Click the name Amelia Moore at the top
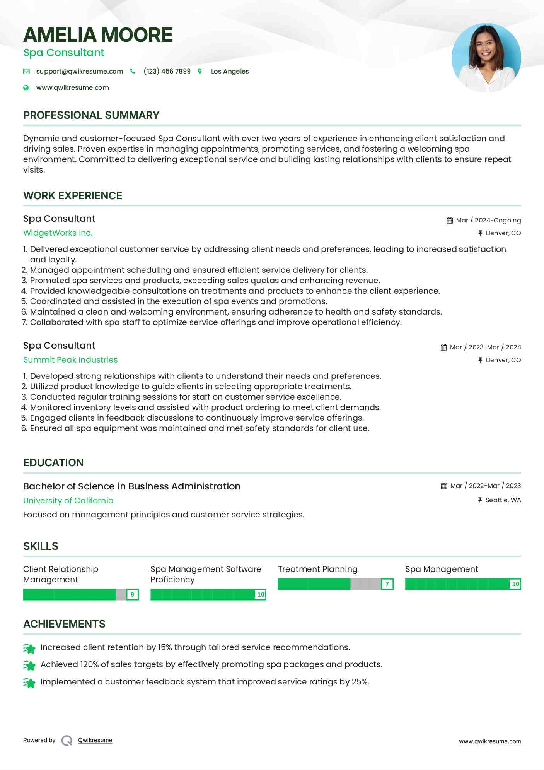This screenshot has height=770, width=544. (x=98, y=35)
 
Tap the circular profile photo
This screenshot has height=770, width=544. (x=486, y=58)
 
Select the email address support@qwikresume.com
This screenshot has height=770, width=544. (x=80, y=71)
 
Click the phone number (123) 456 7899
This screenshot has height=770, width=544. (x=167, y=71)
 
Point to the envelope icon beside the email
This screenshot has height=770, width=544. (x=26, y=72)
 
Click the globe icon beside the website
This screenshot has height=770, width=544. (x=26, y=88)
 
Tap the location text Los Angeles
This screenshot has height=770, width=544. (x=230, y=71)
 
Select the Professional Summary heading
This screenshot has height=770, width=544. (x=91, y=115)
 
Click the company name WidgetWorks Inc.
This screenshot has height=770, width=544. (x=58, y=233)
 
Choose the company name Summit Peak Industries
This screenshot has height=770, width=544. (x=70, y=360)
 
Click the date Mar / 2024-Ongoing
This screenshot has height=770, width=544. (x=488, y=221)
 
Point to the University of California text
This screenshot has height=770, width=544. (x=68, y=501)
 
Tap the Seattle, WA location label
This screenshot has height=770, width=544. (x=503, y=500)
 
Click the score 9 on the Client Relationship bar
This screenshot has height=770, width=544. (x=132, y=594)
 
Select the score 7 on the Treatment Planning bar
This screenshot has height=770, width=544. (x=387, y=584)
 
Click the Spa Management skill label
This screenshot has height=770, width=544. (x=442, y=569)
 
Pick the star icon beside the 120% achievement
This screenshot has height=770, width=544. (x=29, y=665)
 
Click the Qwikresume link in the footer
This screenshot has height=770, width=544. (x=95, y=740)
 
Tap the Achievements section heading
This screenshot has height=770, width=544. (x=64, y=624)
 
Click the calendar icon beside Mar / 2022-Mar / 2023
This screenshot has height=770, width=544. (x=444, y=486)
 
